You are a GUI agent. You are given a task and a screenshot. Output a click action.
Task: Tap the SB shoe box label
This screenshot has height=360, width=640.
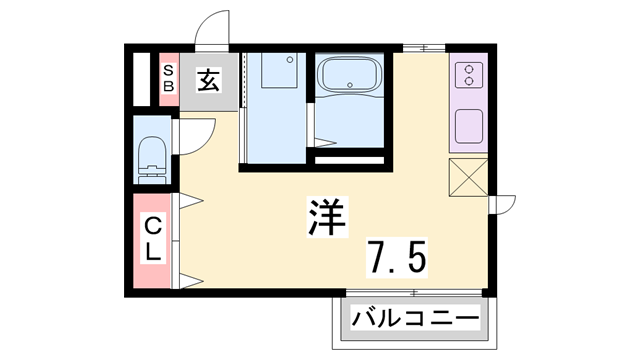(x=168, y=78)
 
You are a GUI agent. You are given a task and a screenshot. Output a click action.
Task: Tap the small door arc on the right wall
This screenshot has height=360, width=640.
(x=505, y=203)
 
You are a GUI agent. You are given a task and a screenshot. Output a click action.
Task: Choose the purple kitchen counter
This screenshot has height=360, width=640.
(x=469, y=100)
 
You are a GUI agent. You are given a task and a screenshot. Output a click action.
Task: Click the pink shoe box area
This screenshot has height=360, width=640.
(x=168, y=78)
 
